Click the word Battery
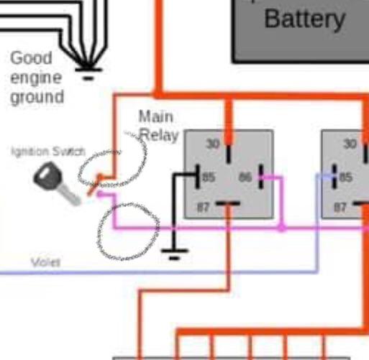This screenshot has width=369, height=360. coord(304,18)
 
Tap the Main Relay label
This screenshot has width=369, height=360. coord(156,125)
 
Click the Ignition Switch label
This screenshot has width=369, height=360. coord(47,152)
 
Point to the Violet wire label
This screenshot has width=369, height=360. coord(45,263)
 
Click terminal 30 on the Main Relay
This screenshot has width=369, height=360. coord(213,144)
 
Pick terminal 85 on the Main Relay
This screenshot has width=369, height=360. coord(208,176)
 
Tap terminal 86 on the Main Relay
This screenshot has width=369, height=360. coord(246,176)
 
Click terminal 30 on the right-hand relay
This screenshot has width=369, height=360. coord(350,144)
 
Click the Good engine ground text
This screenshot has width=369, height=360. coord(36,77)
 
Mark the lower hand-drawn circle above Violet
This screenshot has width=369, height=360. coord(127,231)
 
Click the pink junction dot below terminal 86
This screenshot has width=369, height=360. coord(282,228)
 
